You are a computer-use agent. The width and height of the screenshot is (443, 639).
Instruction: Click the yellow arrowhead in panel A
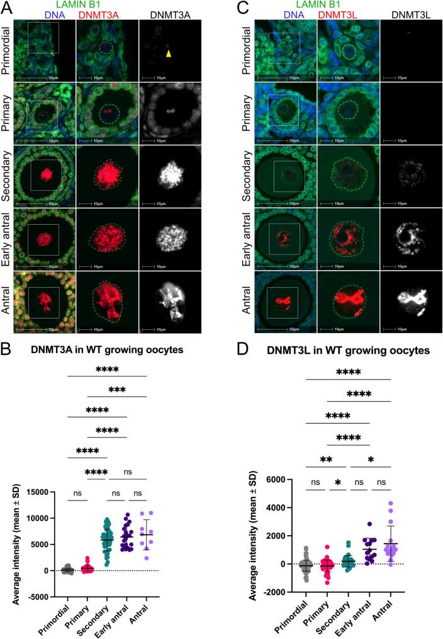[x=169, y=54]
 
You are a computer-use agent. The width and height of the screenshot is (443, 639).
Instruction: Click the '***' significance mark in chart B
[x=126, y=390]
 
